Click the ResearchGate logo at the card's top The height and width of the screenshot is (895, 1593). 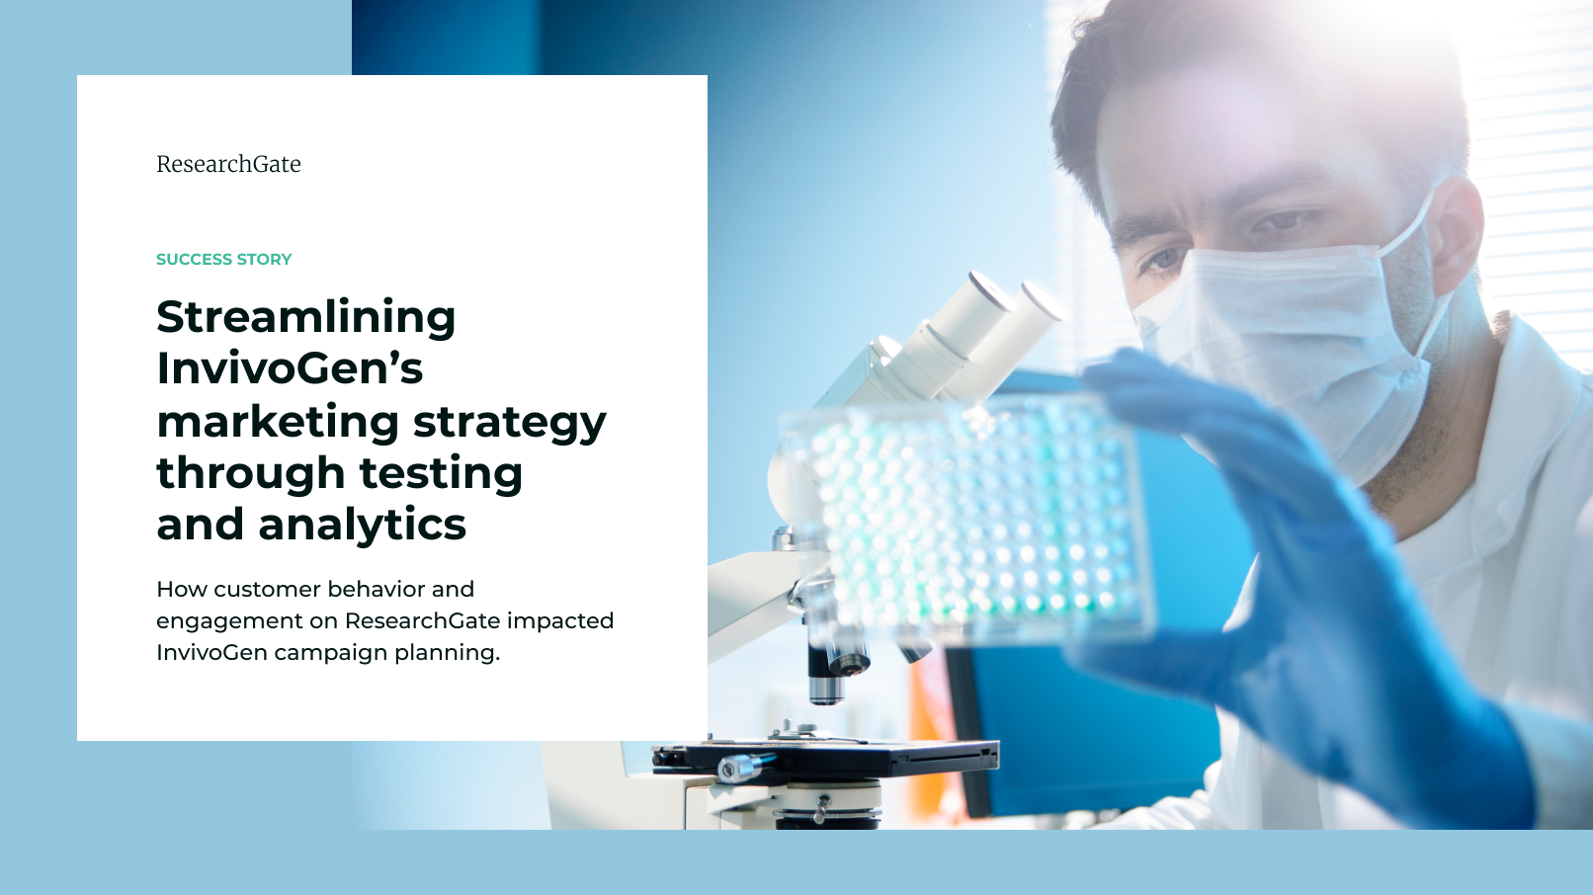228,164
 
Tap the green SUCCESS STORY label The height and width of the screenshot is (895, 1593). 224,260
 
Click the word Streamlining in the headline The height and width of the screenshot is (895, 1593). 305,317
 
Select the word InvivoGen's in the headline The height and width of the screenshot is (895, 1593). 290,368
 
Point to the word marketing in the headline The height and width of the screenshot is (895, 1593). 278,422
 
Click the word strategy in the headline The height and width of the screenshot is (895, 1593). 510,422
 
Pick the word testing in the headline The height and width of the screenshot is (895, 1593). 441,473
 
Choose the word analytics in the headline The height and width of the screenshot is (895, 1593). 362,525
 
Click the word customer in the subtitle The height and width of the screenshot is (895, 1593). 268,590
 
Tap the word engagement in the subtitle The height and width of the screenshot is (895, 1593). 229,622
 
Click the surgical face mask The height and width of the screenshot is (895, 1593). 1288,349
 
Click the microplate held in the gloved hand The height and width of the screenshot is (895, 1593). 967,519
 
